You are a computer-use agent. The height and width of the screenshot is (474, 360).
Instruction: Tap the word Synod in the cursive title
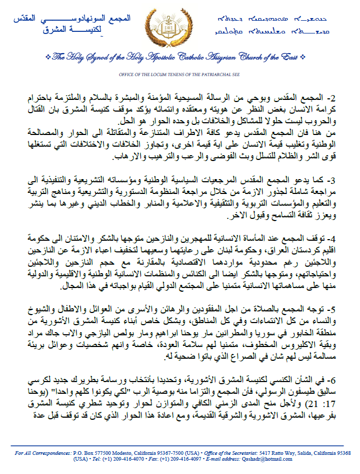pos(94,56)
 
